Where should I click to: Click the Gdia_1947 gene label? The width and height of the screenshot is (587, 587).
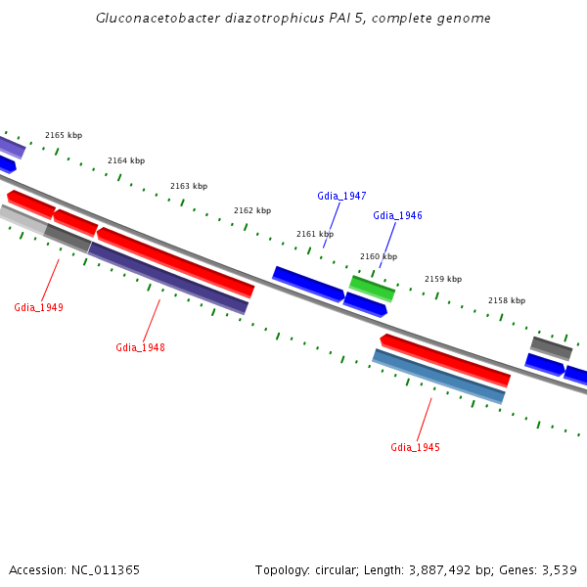[341, 196]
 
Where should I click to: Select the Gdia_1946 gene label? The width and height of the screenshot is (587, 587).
[397, 215]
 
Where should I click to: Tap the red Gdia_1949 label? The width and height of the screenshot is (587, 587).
[38, 307]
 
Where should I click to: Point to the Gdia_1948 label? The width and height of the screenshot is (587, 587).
[140, 347]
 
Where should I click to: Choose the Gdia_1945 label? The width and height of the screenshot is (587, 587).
[415, 447]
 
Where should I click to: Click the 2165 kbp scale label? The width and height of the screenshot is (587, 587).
[64, 136]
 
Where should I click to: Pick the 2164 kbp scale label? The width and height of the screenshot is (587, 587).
[126, 160]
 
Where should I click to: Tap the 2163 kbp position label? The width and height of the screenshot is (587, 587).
[189, 186]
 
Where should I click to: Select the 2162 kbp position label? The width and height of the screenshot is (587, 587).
[252, 210]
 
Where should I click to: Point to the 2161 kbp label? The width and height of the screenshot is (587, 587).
[315, 235]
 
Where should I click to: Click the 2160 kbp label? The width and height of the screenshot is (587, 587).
[379, 256]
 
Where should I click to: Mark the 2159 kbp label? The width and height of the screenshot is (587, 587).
[442, 279]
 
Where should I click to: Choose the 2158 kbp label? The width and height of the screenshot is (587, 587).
[507, 300]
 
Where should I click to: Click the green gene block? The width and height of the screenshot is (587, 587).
[373, 288]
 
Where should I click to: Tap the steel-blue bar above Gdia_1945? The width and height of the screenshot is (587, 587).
[438, 376]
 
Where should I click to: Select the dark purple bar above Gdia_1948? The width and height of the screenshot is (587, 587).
[168, 278]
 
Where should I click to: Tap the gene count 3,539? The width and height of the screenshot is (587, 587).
[558, 569]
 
